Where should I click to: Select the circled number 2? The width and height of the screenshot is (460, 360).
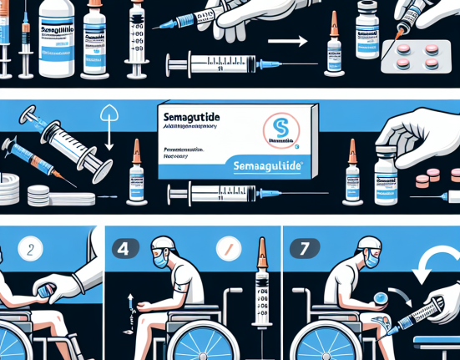[x=30, y=250]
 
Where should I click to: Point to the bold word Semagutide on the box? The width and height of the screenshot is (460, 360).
[x=195, y=121]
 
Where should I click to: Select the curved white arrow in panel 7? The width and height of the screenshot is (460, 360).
[x=435, y=268]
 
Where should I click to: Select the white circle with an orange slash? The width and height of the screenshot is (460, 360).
[x=228, y=248]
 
